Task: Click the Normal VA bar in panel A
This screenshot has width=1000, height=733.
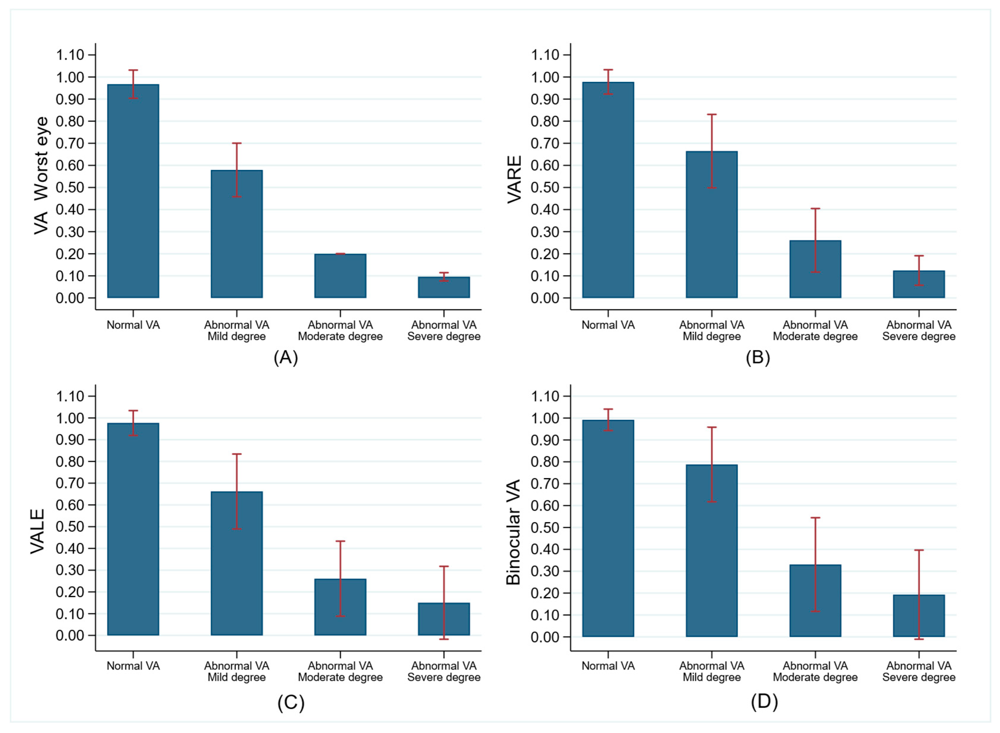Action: (133, 191)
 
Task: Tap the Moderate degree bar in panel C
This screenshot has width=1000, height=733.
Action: (340, 607)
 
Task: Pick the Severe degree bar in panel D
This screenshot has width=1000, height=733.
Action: (919, 616)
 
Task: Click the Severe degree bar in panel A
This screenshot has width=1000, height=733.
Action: (444, 288)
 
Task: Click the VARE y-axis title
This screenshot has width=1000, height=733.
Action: (514, 179)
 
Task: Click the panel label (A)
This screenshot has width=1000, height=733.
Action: (285, 357)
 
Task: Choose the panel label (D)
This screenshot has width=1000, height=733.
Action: (764, 701)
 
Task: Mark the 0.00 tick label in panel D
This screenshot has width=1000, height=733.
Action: (545, 637)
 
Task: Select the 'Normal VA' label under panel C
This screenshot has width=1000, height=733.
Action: (133, 666)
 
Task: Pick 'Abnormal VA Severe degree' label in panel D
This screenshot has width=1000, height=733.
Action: (919, 672)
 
